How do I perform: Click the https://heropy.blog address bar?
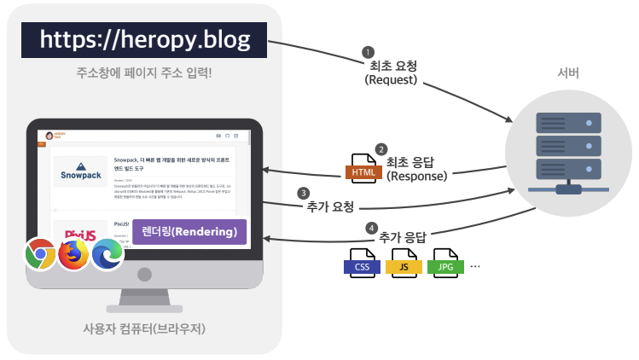pyautogui.click(x=144, y=39)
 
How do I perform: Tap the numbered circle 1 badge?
pyautogui.click(x=369, y=51)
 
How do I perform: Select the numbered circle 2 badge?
pyautogui.click(x=381, y=149)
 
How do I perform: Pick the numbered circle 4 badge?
pyautogui.click(x=369, y=229)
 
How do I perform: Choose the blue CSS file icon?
pyautogui.click(x=361, y=264)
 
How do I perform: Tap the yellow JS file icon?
pyautogui.click(x=404, y=264)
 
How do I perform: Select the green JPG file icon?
pyautogui.click(x=445, y=264)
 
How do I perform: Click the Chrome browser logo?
pyautogui.click(x=41, y=253)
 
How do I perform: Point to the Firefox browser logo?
pyautogui.click(x=74, y=254)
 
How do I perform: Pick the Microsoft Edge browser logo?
pyautogui.click(x=107, y=253)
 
